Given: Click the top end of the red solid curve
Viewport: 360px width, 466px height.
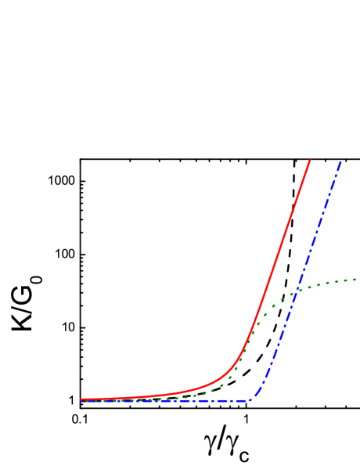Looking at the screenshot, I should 310,161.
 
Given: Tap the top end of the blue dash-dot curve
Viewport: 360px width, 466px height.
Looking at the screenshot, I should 341,161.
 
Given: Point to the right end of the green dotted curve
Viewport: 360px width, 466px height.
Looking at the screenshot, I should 356,279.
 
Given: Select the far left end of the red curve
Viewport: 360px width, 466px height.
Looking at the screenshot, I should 81,399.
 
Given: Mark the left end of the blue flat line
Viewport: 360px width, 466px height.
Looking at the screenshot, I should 81,401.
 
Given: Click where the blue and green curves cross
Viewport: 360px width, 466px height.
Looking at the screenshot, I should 297,292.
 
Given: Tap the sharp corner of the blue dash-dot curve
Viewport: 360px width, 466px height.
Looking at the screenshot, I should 251,400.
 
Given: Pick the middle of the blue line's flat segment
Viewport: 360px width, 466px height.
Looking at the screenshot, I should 166,401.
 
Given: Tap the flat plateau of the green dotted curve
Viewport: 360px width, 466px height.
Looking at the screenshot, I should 337,281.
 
